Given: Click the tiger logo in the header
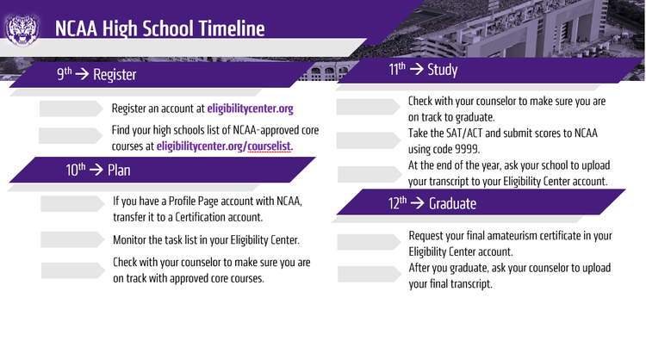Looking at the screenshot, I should pos(22,28).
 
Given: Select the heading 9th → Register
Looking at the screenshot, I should pos(96,75).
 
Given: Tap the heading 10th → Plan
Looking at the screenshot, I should pos(98,170).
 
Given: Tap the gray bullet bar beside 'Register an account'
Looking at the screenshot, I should pos(71,109).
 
